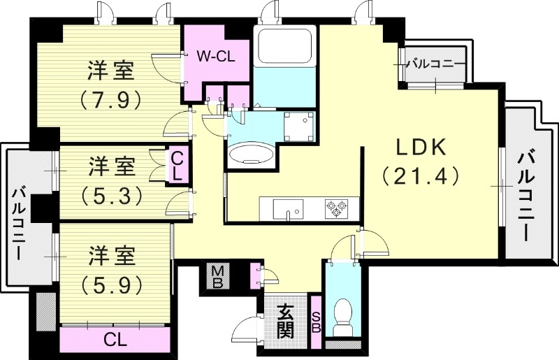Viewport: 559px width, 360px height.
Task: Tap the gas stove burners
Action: pos(335,208)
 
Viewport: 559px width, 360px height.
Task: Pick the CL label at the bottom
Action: pos(115,340)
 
